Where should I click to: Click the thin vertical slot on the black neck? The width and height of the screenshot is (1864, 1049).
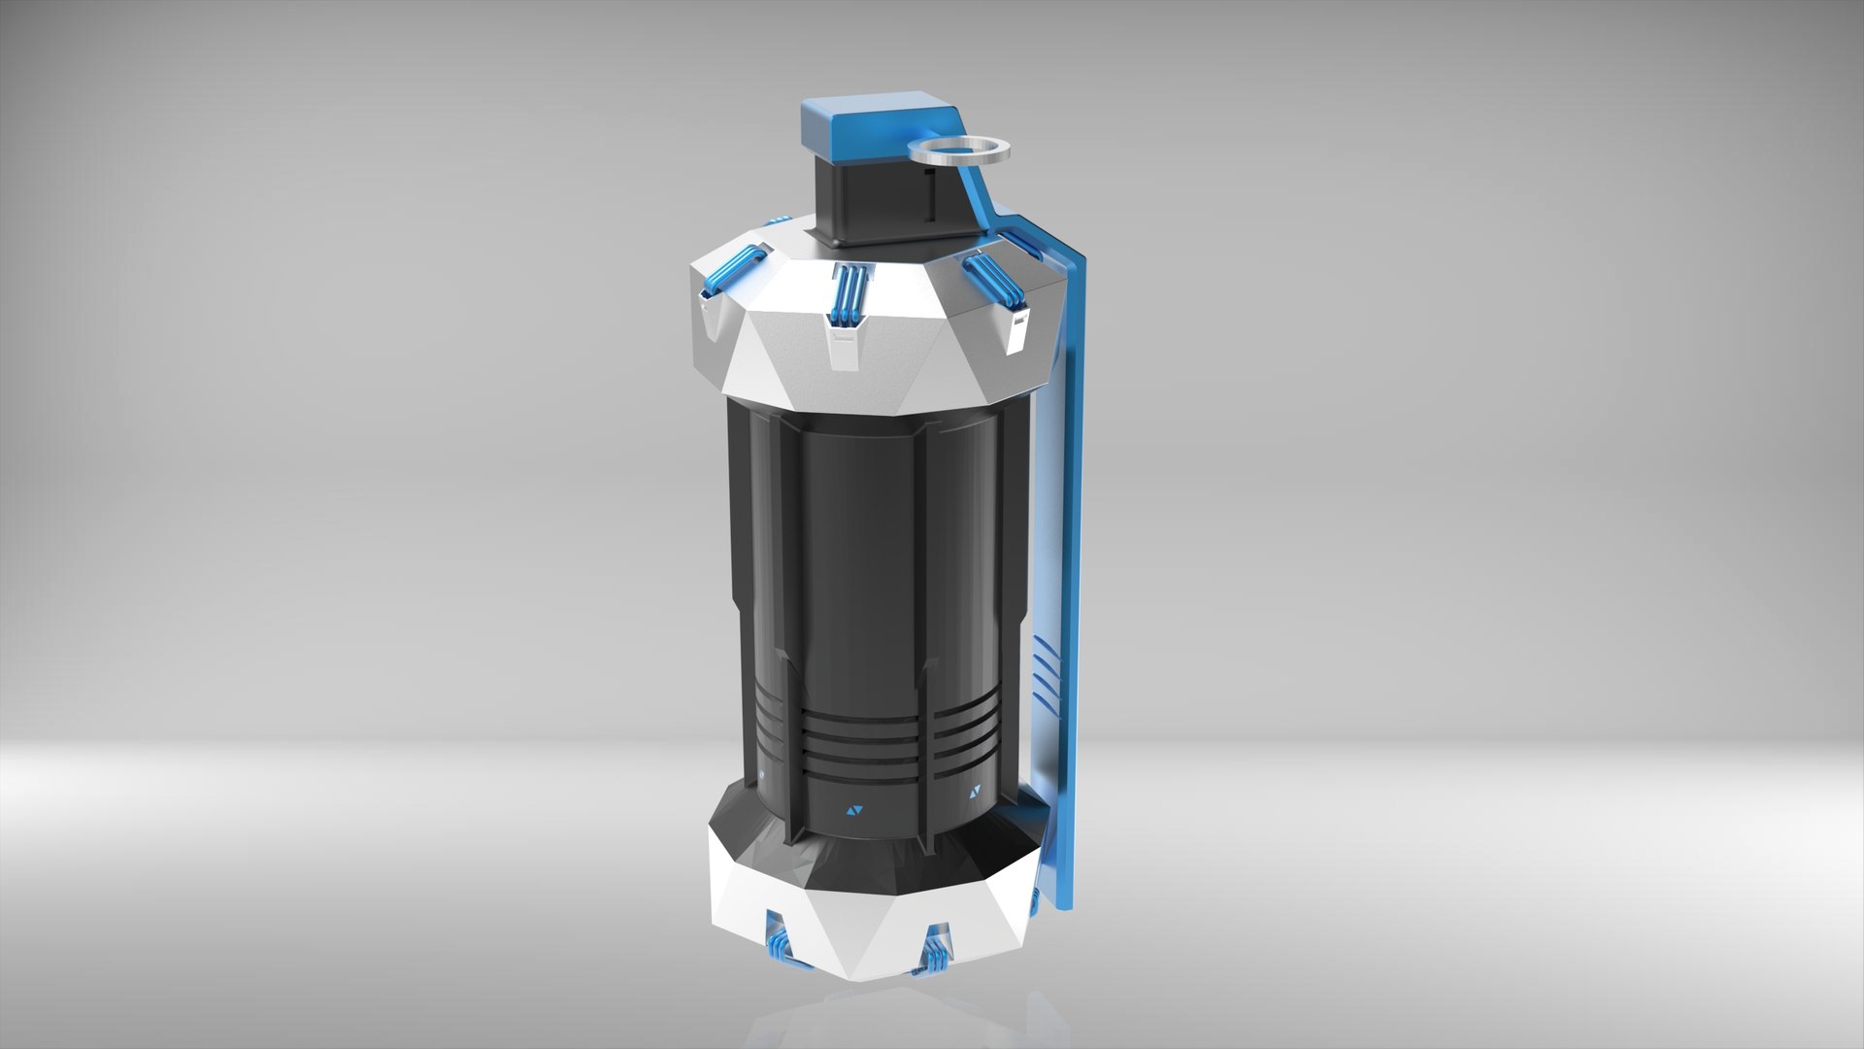(929, 199)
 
